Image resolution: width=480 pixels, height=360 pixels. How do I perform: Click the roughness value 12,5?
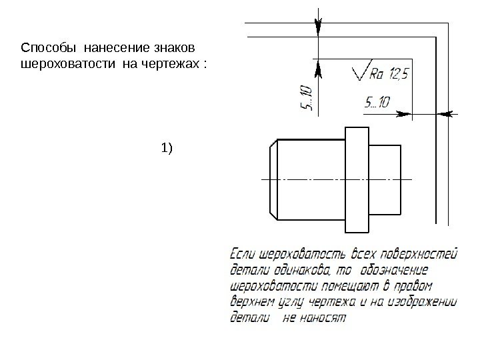pyautogui.click(x=398, y=73)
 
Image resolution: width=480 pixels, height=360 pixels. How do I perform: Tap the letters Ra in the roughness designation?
pyautogui.click(x=377, y=73)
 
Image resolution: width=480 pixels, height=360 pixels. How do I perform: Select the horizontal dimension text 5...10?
pyautogui.click(x=377, y=102)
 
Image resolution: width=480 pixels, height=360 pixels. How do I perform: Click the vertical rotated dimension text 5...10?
pyautogui.click(x=305, y=97)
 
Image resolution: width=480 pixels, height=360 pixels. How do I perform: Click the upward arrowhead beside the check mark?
pyautogui.click(x=318, y=67)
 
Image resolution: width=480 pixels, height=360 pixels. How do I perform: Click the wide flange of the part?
pyautogui.click(x=357, y=179)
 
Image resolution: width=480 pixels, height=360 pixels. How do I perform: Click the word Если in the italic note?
pyautogui.click(x=243, y=254)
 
